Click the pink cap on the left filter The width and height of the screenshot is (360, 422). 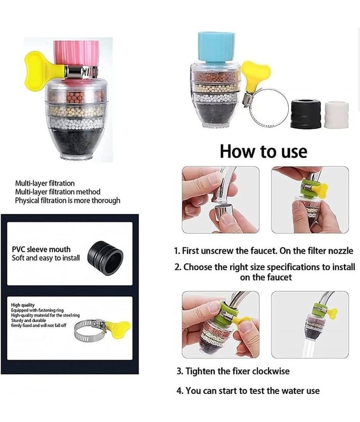pyautogui.click(x=76, y=54)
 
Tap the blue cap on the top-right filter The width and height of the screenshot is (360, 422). pyautogui.click(x=217, y=47)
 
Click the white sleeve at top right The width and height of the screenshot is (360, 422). pyautogui.click(x=336, y=114)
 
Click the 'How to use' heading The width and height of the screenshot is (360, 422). pyautogui.click(x=264, y=151)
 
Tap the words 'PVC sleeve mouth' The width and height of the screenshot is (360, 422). pyautogui.click(x=41, y=249)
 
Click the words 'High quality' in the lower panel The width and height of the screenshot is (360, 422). pyautogui.click(x=23, y=305)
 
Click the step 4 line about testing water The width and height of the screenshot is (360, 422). pyautogui.click(x=248, y=390)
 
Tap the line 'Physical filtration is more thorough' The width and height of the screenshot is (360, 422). pyautogui.click(x=67, y=200)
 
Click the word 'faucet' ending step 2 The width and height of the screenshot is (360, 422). pyautogui.click(x=279, y=277)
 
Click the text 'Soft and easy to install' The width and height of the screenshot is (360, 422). pyautogui.click(x=46, y=258)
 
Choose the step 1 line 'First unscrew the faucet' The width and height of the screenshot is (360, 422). pyautogui.click(x=264, y=251)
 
